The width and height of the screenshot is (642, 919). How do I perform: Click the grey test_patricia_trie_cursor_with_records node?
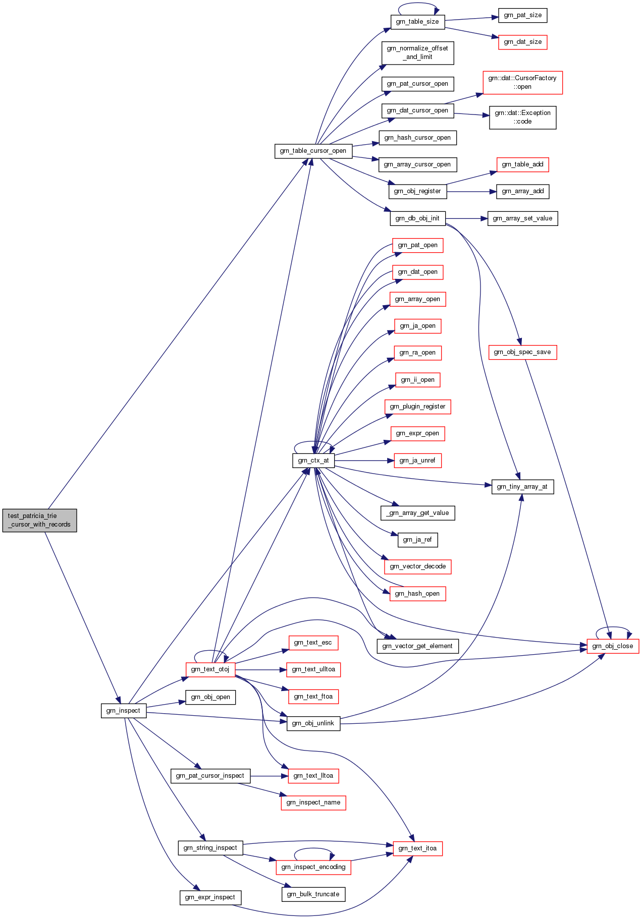(x=39, y=520)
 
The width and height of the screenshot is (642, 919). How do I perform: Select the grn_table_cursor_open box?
(x=313, y=151)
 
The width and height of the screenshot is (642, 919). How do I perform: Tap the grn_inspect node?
(x=123, y=711)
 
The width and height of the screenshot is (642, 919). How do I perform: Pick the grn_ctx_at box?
(x=313, y=461)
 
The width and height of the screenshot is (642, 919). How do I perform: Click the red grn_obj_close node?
(x=612, y=646)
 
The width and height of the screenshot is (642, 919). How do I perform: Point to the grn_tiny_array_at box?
(x=522, y=487)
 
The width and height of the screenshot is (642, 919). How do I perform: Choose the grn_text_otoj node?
(x=210, y=669)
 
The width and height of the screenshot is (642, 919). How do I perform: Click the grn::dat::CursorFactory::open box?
(x=522, y=82)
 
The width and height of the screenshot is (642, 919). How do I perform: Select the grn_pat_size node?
(x=522, y=15)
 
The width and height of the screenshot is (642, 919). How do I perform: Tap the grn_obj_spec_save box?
(x=522, y=352)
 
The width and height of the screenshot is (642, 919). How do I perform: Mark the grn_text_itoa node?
(x=417, y=848)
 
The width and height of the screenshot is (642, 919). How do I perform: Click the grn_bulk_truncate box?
(x=313, y=894)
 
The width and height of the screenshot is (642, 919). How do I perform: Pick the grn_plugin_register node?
(x=417, y=407)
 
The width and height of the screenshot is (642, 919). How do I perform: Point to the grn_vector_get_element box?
(x=417, y=646)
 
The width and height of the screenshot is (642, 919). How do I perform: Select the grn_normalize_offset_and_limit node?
(x=417, y=52)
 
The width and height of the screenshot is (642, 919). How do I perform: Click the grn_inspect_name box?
(x=313, y=802)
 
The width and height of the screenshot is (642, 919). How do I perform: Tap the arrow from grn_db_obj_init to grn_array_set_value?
(x=466, y=218)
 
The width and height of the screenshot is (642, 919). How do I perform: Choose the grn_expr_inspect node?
(x=210, y=897)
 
